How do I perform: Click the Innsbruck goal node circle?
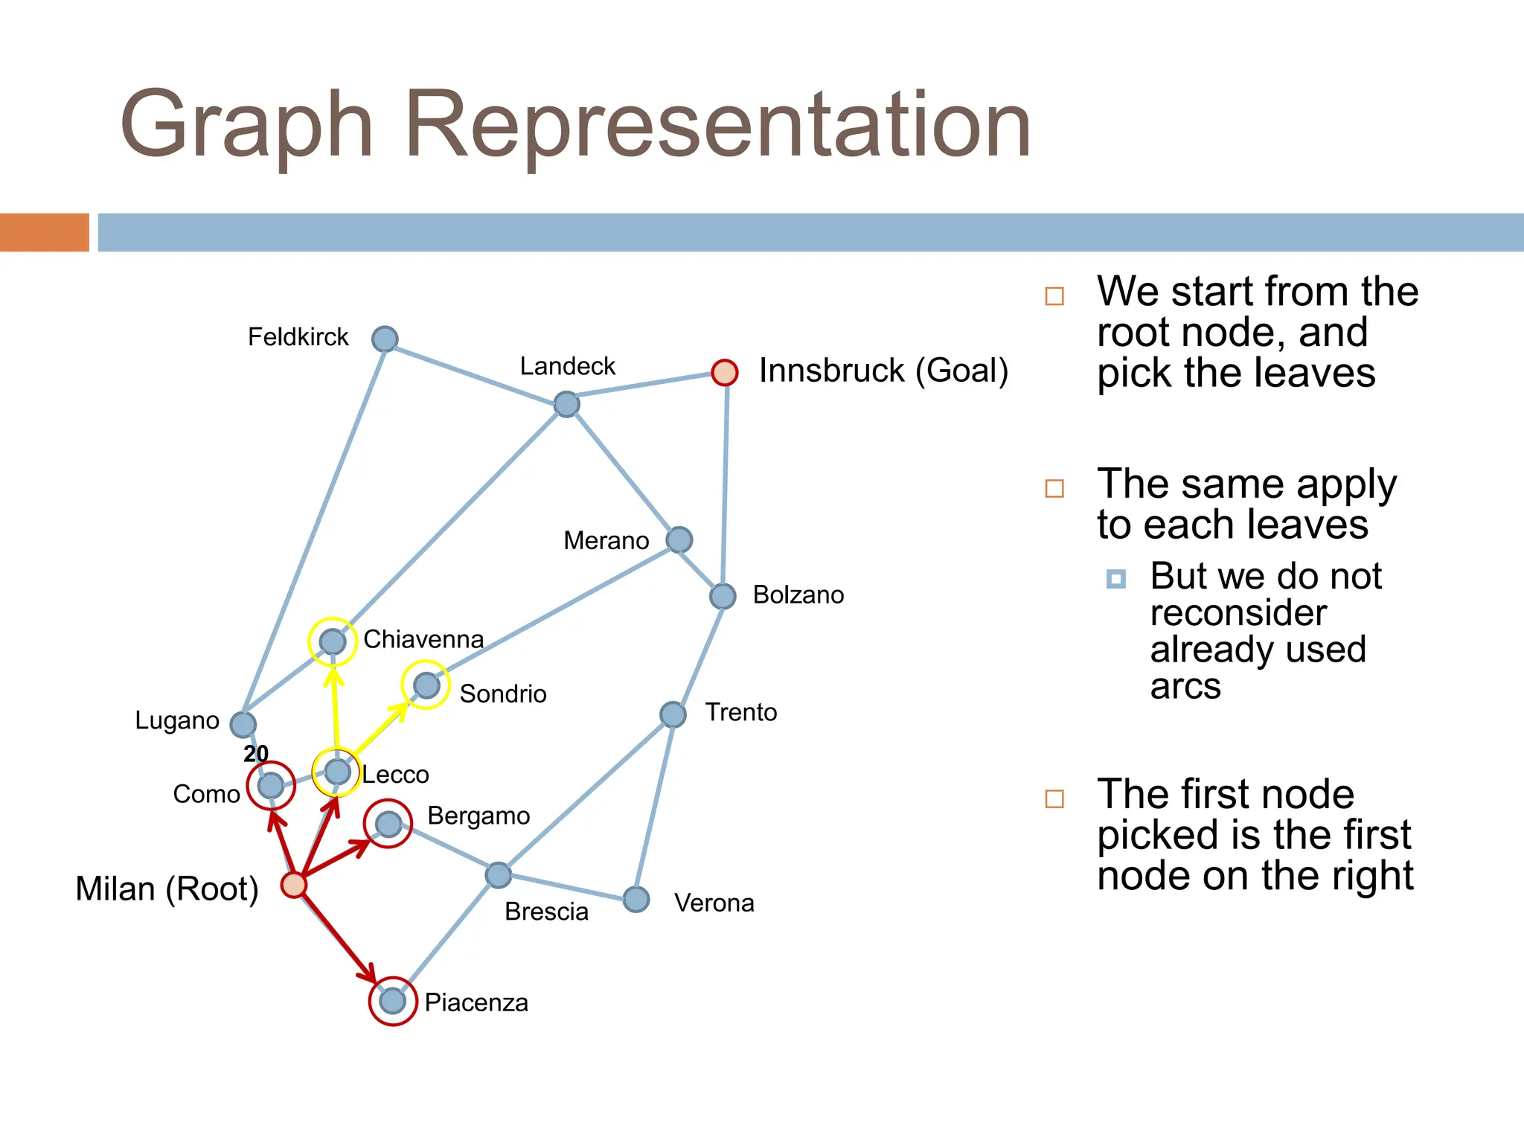pyautogui.click(x=724, y=372)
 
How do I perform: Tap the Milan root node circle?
pyautogui.click(x=294, y=885)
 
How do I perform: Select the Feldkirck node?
pyautogui.click(x=385, y=339)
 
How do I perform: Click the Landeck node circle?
pyautogui.click(x=566, y=404)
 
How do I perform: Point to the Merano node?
pyautogui.click(x=679, y=540)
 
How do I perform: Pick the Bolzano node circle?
pyautogui.click(x=723, y=596)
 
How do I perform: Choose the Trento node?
pyautogui.click(x=673, y=714)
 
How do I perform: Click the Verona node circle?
pyautogui.click(x=636, y=899)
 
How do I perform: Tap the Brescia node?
pyautogui.click(x=498, y=875)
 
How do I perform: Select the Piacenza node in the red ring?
pyautogui.click(x=392, y=1001)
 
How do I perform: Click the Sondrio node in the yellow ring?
pyautogui.click(x=426, y=685)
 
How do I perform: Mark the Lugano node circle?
pyautogui.click(x=243, y=724)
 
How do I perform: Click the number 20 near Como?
pyautogui.click(x=256, y=754)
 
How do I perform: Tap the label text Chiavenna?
pyautogui.click(x=423, y=639)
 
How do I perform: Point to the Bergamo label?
pyautogui.click(x=478, y=816)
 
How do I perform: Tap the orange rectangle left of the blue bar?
pyautogui.click(x=44, y=232)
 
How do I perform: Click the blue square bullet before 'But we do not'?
pyautogui.click(x=1115, y=579)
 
